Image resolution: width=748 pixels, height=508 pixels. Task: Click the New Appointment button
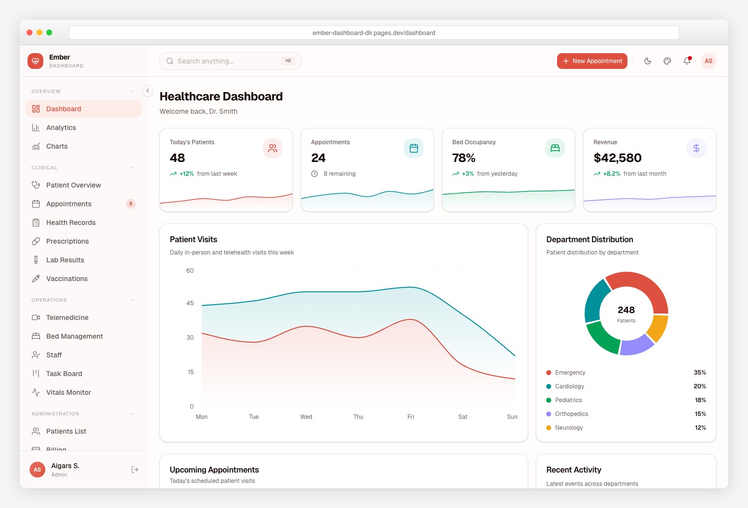[592, 61]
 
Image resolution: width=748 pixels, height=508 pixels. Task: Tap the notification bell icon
[686, 61]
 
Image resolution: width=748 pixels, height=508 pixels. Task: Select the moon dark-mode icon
[648, 61]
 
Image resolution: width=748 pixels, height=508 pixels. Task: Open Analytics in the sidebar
[61, 127]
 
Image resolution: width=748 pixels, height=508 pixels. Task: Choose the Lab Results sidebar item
[65, 260]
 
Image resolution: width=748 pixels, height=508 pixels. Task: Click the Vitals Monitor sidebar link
[68, 392]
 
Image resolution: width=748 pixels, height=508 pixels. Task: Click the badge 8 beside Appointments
[131, 204]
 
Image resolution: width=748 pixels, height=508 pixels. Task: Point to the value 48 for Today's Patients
[177, 158]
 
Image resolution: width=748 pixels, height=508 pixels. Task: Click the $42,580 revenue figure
[618, 158]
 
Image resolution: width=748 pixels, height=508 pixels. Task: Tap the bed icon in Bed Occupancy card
[555, 148]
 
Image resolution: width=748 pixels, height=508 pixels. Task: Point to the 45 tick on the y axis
[190, 303]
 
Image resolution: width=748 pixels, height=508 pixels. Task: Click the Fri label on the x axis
[410, 417]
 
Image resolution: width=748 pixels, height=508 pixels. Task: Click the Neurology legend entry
[569, 428]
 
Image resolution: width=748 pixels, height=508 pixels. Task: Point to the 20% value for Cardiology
[700, 386]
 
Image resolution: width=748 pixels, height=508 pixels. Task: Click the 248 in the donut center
[626, 310]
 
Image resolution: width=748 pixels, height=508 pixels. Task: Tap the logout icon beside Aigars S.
[135, 470]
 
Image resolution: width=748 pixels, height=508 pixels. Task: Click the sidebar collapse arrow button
[148, 91]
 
